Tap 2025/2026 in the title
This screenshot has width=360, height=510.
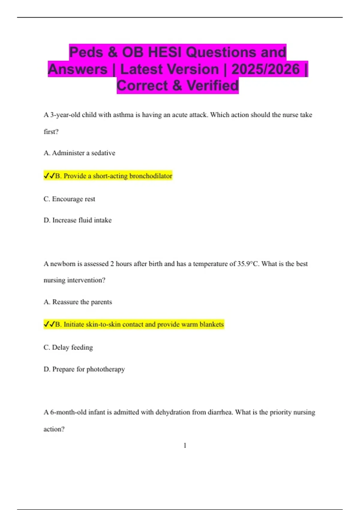click(265, 69)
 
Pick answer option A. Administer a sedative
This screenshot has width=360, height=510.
click(79, 153)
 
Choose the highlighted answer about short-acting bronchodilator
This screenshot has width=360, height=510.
click(114, 176)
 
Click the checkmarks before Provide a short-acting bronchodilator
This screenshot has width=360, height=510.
click(49, 176)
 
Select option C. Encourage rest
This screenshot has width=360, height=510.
click(69, 199)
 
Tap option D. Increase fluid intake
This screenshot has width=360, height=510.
click(77, 220)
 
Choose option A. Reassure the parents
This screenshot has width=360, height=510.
click(78, 302)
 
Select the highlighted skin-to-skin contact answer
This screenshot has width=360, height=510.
click(140, 325)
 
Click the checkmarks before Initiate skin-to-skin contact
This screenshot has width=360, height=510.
click(49, 324)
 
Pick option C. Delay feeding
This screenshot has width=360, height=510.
click(68, 347)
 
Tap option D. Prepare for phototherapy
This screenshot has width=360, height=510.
click(84, 369)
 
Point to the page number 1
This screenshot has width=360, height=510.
click(185, 445)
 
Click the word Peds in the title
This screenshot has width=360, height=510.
click(86, 52)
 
